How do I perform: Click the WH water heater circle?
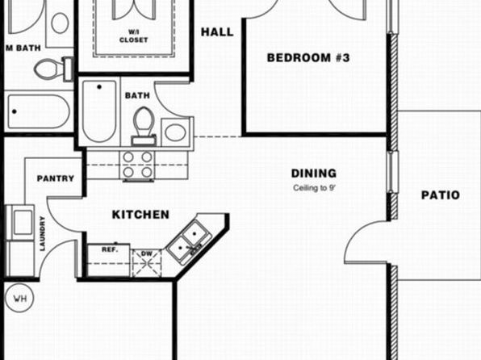coord(19,298)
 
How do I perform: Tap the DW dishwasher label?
coord(147,253)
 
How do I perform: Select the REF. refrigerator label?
coord(110,250)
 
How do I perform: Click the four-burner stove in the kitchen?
coord(138,165)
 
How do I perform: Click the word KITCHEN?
coord(140,215)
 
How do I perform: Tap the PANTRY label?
coord(56,178)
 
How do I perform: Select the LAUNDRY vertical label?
coord(42,233)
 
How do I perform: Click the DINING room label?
coord(313,174)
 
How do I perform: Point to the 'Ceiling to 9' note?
coord(313,188)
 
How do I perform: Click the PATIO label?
coord(441,195)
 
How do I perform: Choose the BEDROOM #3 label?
coord(308,57)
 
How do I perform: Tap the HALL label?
coord(217,32)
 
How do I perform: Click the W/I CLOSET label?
coord(134,36)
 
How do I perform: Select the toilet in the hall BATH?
coord(144,126)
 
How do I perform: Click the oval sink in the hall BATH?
coord(175,132)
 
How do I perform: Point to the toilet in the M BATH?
coord(52,69)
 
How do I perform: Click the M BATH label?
coord(23,48)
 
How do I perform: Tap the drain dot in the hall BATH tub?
coord(99,87)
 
